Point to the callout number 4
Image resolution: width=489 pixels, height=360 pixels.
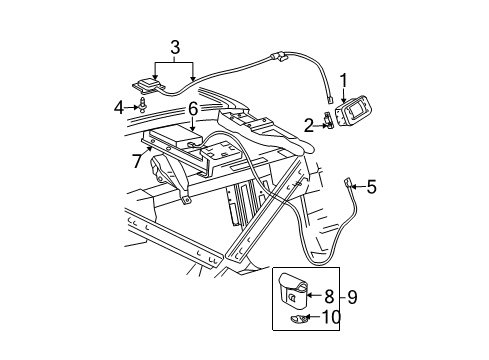pyautogui.click(x=119, y=105)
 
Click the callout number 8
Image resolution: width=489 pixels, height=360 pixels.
pyautogui.click(x=329, y=296)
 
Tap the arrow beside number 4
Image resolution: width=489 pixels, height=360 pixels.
pyautogui.click(x=132, y=105)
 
